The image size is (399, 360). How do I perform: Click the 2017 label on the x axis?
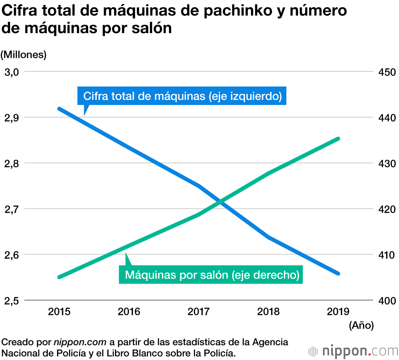[x=199, y=311]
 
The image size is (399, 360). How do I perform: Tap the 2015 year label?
[x=59, y=311]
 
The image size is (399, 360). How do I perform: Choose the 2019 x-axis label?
[x=338, y=311]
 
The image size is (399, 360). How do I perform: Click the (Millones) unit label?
[x=24, y=55]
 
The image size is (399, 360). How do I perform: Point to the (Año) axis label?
[x=361, y=326]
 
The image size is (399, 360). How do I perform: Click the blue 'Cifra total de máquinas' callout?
[x=182, y=96]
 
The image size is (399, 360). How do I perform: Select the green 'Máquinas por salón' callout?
[x=212, y=275]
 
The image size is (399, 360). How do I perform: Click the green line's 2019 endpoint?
[x=338, y=139]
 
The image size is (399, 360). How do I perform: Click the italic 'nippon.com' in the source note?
[x=80, y=342]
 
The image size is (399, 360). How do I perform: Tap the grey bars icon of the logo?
[x=313, y=351]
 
